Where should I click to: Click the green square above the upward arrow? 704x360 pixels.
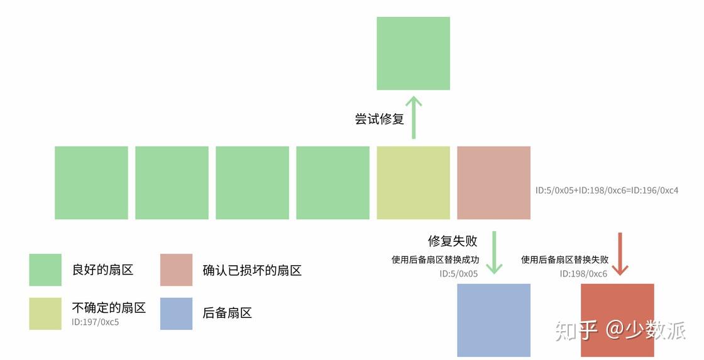(x=413, y=53)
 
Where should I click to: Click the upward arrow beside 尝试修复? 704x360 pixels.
(x=413, y=117)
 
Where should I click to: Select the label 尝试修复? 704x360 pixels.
(x=380, y=119)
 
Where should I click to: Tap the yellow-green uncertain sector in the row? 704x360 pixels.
(x=413, y=183)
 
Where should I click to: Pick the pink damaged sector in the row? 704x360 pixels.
(x=493, y=183)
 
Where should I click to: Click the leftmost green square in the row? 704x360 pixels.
(x=91, y=183)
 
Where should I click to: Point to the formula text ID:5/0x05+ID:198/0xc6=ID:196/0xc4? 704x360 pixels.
(x=607, y=190)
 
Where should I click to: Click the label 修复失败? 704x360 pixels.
(x=453, y=241)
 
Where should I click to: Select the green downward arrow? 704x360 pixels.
(x=494, y=253)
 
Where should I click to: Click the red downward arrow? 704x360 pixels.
(x=620, y=254)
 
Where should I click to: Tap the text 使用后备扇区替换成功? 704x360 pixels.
(x=435, y=259)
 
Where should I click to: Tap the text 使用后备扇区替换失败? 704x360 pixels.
(x=564, y=259)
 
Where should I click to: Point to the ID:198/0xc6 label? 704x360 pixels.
(x=583, y=274)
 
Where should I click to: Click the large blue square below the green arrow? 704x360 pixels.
(x=493, y=320)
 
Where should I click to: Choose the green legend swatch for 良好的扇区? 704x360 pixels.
(x=45, y=270)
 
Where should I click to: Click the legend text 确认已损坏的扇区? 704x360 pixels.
(x=252, y=271)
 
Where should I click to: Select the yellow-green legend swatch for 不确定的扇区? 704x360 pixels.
(x=45, y=314)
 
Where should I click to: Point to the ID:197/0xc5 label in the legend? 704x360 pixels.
(x=96, y=323)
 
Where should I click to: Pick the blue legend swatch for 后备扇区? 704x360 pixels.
(x=177, y=314)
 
